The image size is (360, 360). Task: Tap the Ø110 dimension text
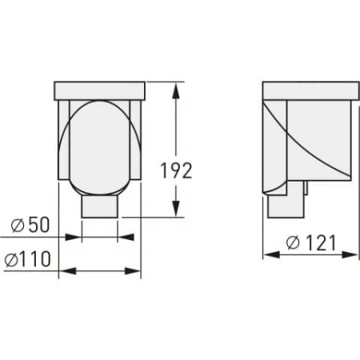coord(27,259)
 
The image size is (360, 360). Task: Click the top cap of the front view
coord(99,89)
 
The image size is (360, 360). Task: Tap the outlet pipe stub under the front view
coord(99,207)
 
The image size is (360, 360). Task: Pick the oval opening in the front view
coord(99,147)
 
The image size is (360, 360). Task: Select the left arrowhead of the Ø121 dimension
coord(270,255)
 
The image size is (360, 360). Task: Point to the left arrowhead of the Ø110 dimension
coord(65,271)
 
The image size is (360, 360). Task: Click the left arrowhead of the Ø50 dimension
coord(86,237)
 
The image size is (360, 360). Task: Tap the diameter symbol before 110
coord(11,259)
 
